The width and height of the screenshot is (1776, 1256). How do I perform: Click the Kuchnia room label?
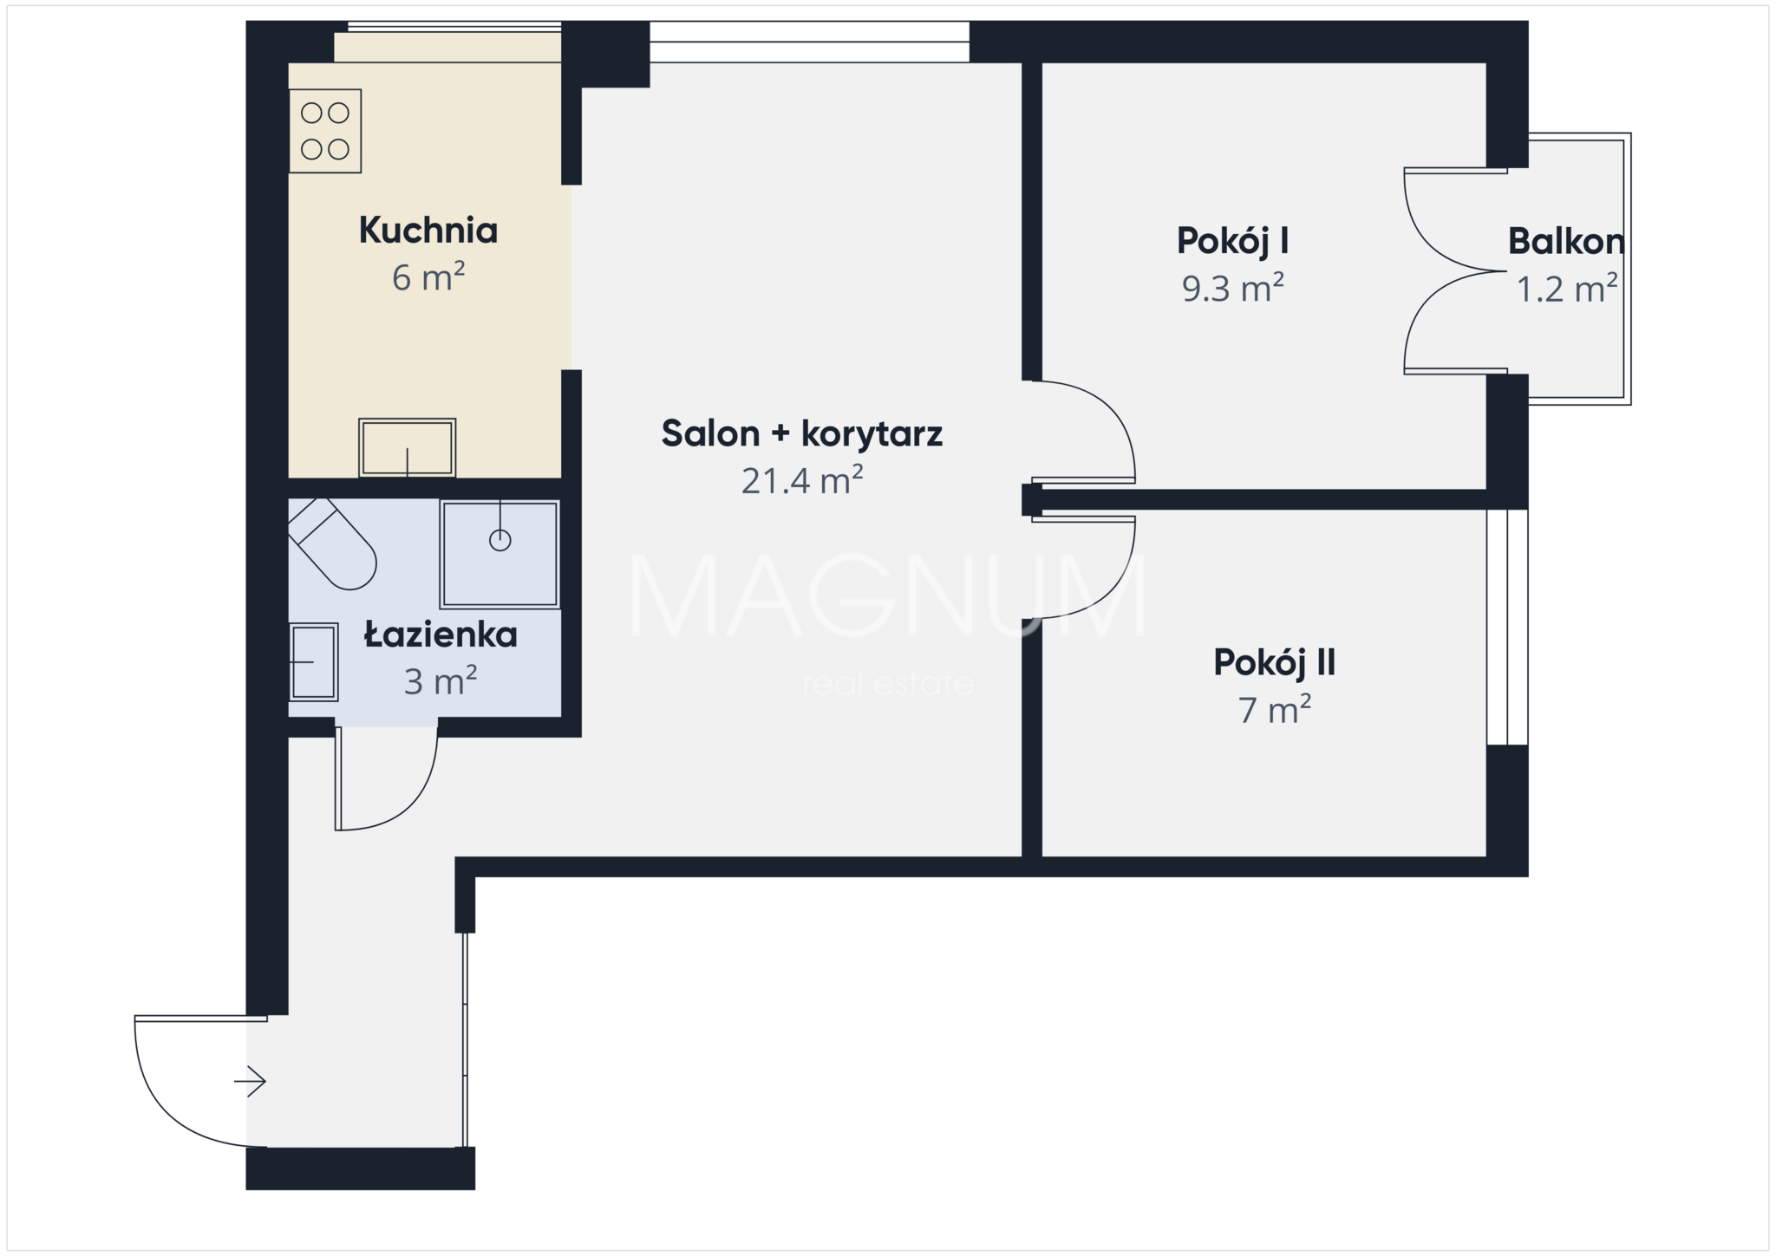pos(428,230)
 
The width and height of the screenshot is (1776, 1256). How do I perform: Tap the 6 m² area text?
pos(428,277)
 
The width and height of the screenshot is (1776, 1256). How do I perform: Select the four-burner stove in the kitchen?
pos(325,131)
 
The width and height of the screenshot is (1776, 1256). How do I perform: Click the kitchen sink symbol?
pos(408,448)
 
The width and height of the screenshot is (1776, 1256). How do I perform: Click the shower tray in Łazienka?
pos(499,554)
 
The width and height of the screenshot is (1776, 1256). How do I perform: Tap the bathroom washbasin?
pos(313,661)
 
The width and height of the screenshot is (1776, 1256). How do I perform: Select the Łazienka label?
pos(441,635)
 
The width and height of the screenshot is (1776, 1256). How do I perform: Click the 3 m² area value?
pos(441,681)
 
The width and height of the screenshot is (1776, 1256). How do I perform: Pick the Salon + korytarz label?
pos(802,433)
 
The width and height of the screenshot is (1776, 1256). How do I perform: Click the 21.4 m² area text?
pos(802,480)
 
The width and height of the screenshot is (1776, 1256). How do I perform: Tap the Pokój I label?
pos(1232,241)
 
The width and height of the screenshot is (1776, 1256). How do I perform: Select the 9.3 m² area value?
pos(1232,288)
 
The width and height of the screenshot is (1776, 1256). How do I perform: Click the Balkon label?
pos(1566,241)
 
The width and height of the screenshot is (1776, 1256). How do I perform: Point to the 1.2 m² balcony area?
pos(1566,288)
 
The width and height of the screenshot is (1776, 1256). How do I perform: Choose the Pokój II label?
pos(1274,662)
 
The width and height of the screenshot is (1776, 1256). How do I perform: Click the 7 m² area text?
pos(1274,710)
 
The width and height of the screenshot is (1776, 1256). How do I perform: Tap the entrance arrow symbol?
pos(250,1081)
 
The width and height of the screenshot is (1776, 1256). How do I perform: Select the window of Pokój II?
pos(1507,627)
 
